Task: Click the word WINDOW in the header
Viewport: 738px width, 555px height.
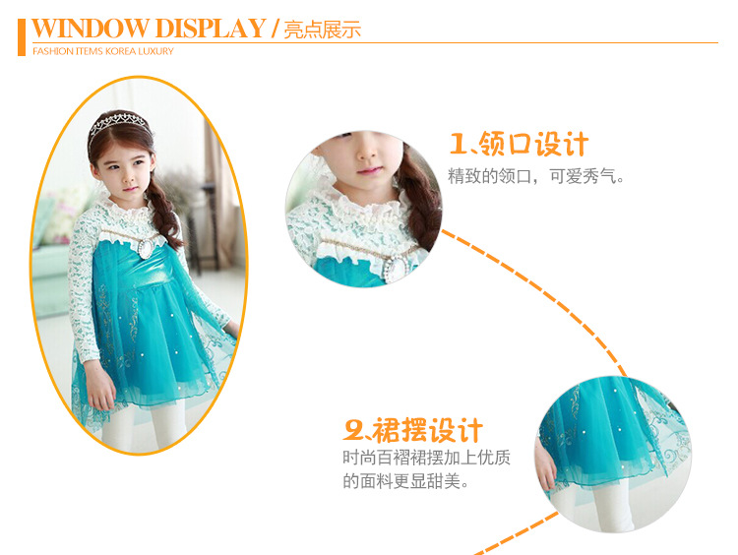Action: (x=90, y=29)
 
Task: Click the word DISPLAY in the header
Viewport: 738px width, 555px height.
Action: (x=211, y=29)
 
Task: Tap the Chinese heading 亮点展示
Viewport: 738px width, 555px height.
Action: (x=323, y=30)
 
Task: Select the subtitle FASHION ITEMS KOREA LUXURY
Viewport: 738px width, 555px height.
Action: (x=103, y=51)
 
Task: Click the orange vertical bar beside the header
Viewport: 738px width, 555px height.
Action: (x=22, y=37)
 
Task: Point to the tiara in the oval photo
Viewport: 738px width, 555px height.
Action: (x=120, y=123)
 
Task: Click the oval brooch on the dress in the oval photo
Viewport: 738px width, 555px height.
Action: (x=146, y=248)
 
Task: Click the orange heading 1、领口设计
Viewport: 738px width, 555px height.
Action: (x=520, y=144)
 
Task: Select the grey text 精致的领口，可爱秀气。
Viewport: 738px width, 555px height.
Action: (x=536, y=176)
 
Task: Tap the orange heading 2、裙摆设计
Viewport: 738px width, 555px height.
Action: (x=413, y=430)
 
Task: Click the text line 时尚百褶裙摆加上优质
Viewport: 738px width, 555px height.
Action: (x=426, y=457)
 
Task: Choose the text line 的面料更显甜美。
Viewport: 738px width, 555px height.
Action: (x=405, y=481)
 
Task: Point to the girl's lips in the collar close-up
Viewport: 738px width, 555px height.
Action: (x=370, y=171)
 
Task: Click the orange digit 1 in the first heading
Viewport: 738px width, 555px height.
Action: (x=458, y=144)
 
